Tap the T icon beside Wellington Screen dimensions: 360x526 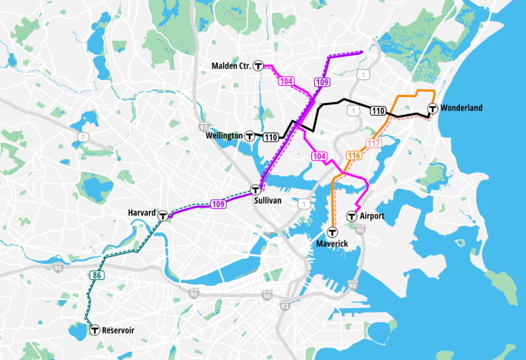click(x=250, y=136)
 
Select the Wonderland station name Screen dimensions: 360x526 click(x=461, y=108)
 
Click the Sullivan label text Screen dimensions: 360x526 click(x=269, y=201)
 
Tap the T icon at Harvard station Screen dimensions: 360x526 click(x=162, y=216)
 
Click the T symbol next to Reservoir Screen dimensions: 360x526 click(x=94, y=330)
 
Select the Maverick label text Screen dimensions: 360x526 click(x=331, y=243)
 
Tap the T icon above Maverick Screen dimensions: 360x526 click(x=331, y=230)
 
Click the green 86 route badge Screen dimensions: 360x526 click(x=98, y=276)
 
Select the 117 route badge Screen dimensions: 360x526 click(x=373, y=143)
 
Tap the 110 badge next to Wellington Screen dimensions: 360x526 click(x=270, y=136)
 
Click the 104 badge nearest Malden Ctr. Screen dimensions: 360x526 click(x=286, y=81)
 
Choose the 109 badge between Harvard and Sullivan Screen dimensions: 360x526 click(x=218, y=204)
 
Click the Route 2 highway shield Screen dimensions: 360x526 click(x=84, y=137)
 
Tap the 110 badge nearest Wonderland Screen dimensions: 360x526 click(x=378, y=111)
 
